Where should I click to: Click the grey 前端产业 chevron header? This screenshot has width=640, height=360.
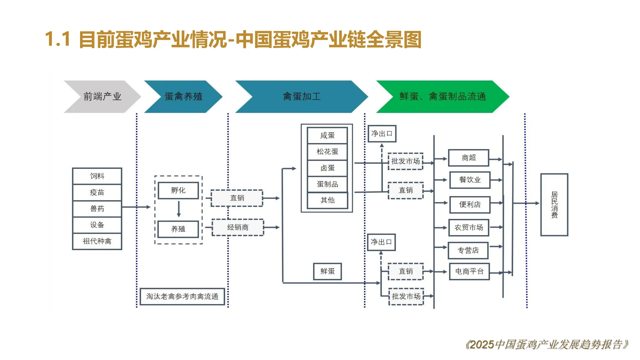[x=102, y=97]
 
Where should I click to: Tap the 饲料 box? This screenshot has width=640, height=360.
[x=97, y=176]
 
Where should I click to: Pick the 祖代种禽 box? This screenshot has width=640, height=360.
[x=97, y=241]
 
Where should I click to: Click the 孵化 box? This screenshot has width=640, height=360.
[x=178, y=190]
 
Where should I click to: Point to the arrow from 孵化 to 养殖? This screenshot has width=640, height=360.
[x=179, y=209]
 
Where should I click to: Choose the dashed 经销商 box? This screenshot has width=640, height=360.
[x=238, y=227]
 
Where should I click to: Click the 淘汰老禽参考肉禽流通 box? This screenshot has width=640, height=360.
[x=182, y=296]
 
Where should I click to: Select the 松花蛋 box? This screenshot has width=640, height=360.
[x=327, y=152]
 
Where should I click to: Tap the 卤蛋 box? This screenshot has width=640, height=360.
[x=327, y=168]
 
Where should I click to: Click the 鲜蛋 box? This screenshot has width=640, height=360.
[x=327, y=271]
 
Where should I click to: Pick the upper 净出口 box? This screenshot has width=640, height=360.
[x=382, y=134]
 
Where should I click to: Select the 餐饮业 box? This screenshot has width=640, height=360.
[x=470, y=180]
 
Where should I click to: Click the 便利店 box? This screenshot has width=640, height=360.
[x=470, y=205]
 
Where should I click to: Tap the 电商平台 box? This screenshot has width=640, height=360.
[x=469, y=272]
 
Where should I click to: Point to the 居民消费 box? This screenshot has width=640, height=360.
[x=554, y=205]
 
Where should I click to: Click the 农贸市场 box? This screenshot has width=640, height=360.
[x=468, y=228]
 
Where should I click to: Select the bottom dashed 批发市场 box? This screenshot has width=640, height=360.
[x=406, y=296]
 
